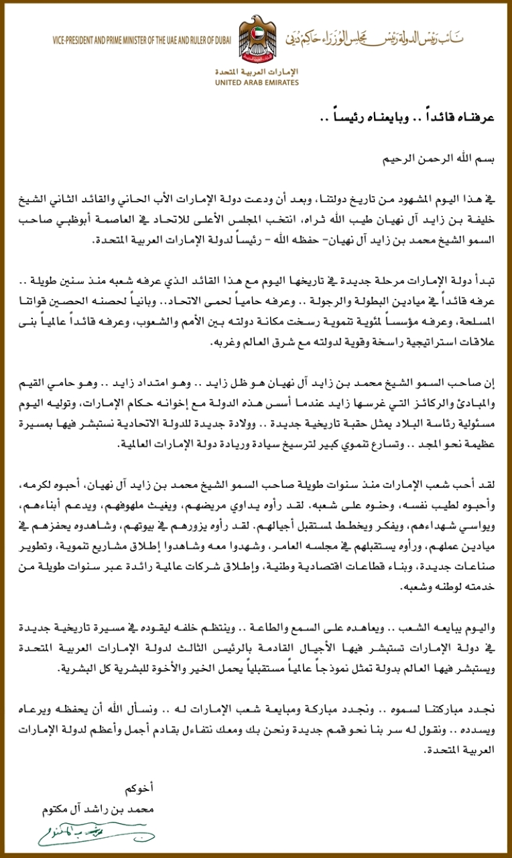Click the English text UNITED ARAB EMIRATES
(257, 83)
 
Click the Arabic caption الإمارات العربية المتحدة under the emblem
(257, 71)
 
